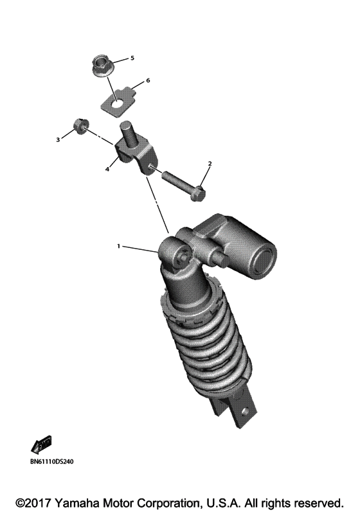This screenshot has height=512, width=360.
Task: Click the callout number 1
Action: [118, 246]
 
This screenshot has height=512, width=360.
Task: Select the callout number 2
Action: [210, 164]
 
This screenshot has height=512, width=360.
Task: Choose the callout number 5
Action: [132, 58]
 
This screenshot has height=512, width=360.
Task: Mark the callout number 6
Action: [147, 81]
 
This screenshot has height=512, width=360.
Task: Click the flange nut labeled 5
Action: [100, 65]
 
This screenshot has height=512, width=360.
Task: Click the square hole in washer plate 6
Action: [117, 100]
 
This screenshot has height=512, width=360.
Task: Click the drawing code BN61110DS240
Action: [51, 461]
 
